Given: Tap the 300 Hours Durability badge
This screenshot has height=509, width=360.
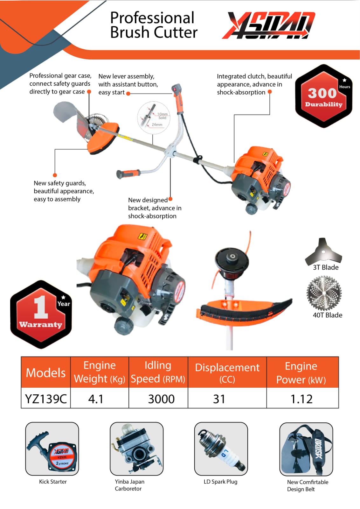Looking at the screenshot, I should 323,96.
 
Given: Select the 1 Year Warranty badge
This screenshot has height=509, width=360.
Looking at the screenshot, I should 41,314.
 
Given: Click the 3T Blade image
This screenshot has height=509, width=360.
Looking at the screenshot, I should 323,251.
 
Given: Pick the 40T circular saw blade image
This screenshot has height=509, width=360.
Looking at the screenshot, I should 324,293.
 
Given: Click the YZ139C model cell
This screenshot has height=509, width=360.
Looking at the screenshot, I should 46,399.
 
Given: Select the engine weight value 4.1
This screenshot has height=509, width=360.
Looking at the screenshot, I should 96,399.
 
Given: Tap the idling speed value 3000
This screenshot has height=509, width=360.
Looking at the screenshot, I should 161,399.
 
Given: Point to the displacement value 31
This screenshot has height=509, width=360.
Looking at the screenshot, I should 219,399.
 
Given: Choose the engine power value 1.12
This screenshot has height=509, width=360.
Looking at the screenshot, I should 301,399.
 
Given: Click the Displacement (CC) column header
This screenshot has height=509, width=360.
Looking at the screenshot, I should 227,372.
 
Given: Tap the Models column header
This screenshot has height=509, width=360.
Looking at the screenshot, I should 46,372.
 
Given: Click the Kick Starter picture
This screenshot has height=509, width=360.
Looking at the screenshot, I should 52,449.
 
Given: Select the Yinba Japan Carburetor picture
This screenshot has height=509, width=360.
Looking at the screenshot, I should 136,449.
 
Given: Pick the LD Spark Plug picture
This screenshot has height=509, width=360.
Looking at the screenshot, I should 221,449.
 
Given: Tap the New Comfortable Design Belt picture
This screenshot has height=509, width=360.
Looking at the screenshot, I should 306,449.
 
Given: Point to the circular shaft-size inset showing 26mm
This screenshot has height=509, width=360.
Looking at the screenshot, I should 153,117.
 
